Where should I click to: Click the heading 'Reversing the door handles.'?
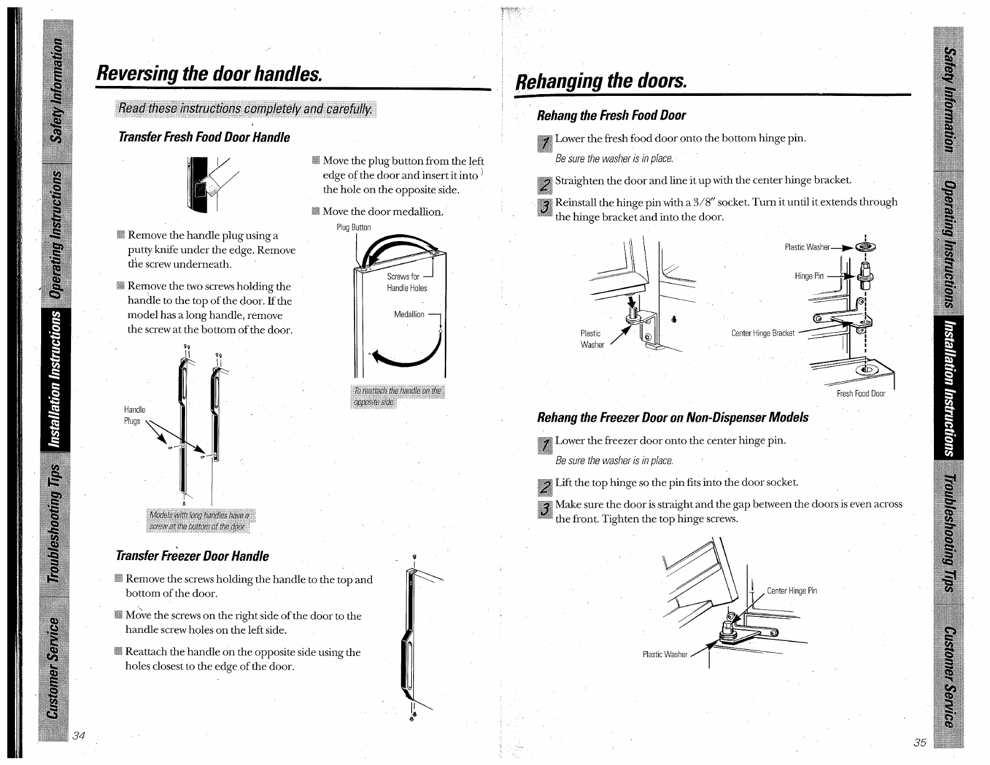pos(209,74)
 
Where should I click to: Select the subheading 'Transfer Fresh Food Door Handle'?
pos(204,137)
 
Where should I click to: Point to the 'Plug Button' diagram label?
pos(353,227)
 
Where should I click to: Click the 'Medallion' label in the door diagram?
pos(409,315)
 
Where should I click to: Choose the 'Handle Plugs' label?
pos(135,416)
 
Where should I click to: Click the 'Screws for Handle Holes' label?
pos(406,282)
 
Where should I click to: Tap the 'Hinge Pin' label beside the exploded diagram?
pos(809,276)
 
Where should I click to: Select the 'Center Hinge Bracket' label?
pos(763,333)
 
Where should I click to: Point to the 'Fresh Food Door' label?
pos(860,394)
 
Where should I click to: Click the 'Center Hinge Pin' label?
pos(791,591)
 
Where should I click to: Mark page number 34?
pos(79,735)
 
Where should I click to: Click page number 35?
pos(920,742)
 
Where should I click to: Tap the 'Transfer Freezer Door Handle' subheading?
pos(193,556)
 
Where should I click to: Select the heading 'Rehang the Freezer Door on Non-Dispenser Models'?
pos(673,417)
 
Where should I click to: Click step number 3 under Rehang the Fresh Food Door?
pos(545,207)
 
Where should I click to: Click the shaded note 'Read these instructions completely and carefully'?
pos(246,108)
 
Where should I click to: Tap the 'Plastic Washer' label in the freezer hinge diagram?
pos(664,655)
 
